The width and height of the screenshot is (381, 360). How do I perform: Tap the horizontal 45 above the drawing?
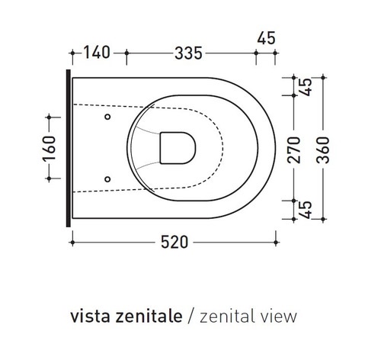[267, 37]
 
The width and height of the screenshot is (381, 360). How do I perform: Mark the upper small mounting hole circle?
[107, 117]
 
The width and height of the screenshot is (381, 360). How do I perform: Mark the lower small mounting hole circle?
[107, 179]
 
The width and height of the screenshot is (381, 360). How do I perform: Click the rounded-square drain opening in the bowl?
[178, 147]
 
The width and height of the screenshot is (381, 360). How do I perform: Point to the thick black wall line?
[70, 149]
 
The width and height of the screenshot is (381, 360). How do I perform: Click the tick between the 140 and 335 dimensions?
[126, 53]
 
